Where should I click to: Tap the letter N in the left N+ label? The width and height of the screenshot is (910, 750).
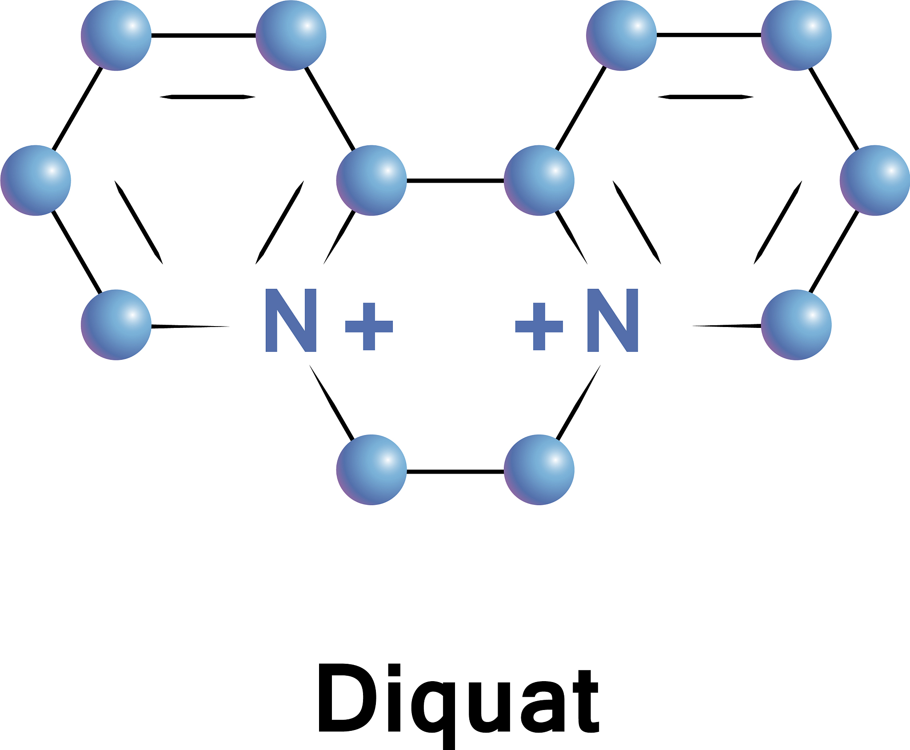coord(291,320)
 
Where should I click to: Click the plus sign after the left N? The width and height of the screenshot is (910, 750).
coord(369,327)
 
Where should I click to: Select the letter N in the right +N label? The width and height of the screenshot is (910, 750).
coord(613,320)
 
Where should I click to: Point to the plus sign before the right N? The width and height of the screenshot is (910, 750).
coord(539,327)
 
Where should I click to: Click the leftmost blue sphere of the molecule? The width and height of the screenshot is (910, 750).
coord(36,180)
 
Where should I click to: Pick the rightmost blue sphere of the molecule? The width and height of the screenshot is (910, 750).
coord(875,180)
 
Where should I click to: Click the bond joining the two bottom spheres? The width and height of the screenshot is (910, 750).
coord(455,471)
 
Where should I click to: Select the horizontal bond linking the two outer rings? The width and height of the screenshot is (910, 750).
coord(455,180)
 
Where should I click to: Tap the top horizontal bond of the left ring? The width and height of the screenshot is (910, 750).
coord(204,35)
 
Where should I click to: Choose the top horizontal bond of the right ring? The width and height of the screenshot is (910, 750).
coord(709,35)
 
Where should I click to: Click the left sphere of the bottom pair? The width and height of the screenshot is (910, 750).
coord(371,470)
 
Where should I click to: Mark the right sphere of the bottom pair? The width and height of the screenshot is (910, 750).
coord(539,470)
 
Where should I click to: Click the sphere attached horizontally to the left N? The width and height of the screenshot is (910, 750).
coord(116,325)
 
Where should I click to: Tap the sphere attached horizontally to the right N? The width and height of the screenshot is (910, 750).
coord(796,325)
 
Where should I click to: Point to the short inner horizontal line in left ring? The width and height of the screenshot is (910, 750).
coord(207,97)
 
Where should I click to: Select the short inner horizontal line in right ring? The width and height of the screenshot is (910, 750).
coord(706,97)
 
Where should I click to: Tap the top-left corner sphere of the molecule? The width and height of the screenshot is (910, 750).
coord(116,36)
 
